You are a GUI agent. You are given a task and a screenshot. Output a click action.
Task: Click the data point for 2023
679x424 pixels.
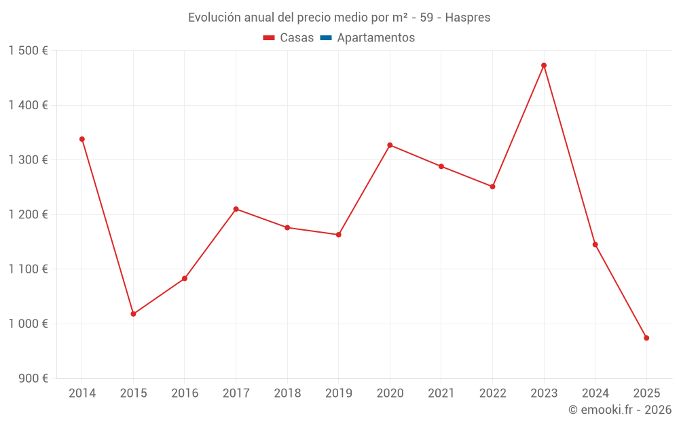pos(544,65)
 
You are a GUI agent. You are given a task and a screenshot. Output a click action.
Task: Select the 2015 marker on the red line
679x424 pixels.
pos(133,314)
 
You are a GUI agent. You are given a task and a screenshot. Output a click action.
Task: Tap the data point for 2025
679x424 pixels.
pos(646,338)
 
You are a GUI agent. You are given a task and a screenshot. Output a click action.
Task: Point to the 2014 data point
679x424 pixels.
pos(82,139)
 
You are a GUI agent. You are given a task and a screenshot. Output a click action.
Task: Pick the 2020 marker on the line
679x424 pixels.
pos(390,145)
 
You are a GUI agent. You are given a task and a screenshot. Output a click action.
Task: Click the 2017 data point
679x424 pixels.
pos(236,209)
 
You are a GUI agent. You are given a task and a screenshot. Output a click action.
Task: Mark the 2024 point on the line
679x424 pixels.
pos(595,244)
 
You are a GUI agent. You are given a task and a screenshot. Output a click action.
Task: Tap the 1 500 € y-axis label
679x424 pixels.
pos(29,51)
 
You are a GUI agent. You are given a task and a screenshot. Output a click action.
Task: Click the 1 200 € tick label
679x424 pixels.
pos(29,214)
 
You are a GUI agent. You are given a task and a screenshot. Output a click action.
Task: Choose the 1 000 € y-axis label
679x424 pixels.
pos(29,324)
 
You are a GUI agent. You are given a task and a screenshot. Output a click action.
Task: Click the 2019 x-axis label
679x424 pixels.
pos(338,393)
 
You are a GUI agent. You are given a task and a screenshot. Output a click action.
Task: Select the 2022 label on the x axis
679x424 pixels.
pos(492,393)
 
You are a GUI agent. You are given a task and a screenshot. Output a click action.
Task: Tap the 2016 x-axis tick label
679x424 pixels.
pos(185,393)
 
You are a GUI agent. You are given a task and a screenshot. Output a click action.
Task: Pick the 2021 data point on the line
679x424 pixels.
pos(441,166)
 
